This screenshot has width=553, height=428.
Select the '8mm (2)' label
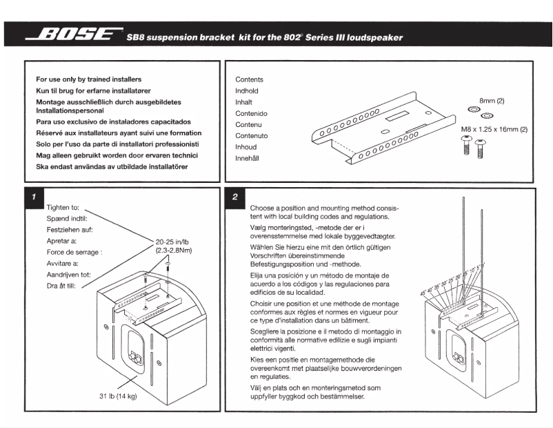pos(492,101)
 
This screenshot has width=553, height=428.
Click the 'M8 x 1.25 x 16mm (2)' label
pos(493,129)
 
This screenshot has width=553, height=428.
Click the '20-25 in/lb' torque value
pos(174,241)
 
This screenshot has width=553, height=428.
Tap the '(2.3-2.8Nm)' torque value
pos(174,251)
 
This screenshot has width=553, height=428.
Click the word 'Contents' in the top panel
pos(249,79)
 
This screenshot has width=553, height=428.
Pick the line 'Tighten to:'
pos(63,207)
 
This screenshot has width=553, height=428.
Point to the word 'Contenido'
pos(251,113)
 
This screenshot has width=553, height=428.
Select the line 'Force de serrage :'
pos(74,252)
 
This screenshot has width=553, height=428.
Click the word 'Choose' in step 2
pos(263,208)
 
